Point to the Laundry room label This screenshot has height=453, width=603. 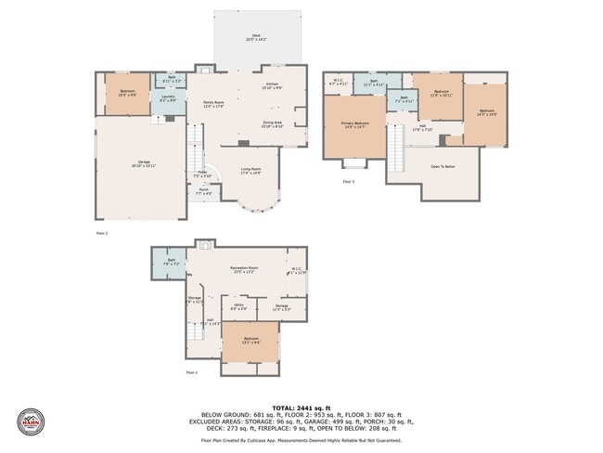[x=168, y=97]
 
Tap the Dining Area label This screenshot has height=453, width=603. [x=272, y=123]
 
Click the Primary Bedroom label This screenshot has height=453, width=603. [x=355, y=124]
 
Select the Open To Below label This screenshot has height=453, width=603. [x=443, y=166]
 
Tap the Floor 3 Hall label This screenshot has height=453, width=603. [x=422, y=128]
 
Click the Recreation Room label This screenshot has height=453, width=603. [x=244, y=269]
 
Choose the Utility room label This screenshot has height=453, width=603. [x=238, y=305]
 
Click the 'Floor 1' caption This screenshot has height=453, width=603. [x=191, y=372]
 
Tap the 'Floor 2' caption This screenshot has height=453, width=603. [x=101, y=233]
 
